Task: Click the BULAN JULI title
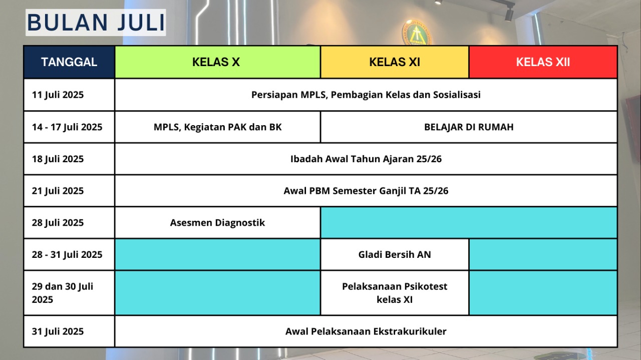coord(96,23)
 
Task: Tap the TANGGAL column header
coord(69,62)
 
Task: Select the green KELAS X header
coord(216,62)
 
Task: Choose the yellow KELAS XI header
coord(394,62)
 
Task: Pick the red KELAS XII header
coord(543,62)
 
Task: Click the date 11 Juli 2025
coord(58,95)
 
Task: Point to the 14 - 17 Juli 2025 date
coord(67,127)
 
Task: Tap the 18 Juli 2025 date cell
coord(58,159)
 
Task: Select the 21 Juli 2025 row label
coord(58,191)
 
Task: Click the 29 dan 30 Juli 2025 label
coord(63,293)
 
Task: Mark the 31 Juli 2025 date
coord(58,331)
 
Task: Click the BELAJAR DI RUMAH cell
coord(468,127)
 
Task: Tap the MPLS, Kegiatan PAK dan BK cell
coord(217,127)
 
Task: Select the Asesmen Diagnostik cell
coord(217,222)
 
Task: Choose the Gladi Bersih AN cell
coord(394,254)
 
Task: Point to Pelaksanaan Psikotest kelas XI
coord(394,293)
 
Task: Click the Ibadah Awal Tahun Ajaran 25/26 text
coord(366,159)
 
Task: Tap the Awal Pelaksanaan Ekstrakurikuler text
coord(366,331)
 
